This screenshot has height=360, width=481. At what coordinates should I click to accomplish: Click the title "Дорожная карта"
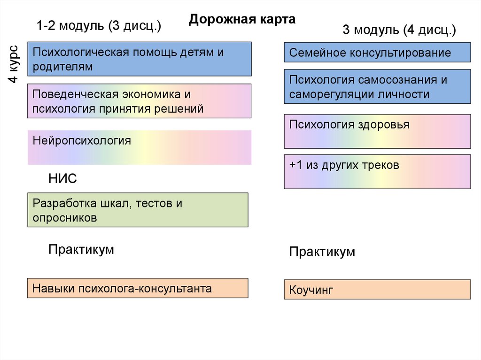(x=242, y=20)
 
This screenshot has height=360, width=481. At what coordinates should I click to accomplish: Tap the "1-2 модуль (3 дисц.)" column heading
(x=99, y=26)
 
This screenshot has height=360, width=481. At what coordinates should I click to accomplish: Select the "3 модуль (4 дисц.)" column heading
(x=399, y=31)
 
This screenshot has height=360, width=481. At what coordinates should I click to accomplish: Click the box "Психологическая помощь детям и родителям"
(x=140, y=59)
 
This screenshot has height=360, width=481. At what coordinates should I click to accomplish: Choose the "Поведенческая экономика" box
(x=140, y=101)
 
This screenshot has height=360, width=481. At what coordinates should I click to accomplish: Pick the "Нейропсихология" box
(x=140, y=147)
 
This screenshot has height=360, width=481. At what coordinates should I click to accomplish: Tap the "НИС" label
(x=62, y=178)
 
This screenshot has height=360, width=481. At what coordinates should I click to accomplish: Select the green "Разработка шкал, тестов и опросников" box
(x=138, y=210)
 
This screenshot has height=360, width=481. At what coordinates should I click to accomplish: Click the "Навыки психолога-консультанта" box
(x=138, y=288)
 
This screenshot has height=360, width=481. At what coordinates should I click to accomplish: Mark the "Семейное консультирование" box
(x=377, y=53)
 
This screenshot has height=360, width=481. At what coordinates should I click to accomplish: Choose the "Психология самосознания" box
(x=377, y=87)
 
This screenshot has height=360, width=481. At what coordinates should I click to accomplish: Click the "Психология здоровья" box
(x=377, y=131)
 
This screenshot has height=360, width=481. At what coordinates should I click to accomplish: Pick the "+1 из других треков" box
(x=377, y=172)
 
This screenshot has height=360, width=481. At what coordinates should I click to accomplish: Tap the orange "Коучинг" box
(x=377, y=290)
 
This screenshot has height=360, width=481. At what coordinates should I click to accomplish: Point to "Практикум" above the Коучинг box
(x=322, y=252)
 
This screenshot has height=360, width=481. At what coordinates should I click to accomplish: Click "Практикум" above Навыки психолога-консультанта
(x=81, y=249)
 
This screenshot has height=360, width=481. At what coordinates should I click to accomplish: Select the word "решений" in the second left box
(x=182, y=109)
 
